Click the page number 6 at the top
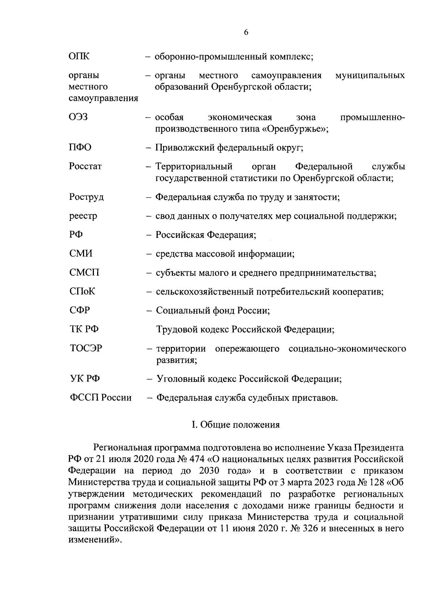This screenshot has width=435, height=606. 246,32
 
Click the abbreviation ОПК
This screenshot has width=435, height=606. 79,57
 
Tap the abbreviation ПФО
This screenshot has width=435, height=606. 80,148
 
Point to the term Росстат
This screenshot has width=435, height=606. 85,166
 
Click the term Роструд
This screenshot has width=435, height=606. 86,197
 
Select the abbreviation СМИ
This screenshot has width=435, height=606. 80,253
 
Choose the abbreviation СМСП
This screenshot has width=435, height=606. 84,272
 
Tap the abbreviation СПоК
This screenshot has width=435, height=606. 82,291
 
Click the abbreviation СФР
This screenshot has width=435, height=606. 79,310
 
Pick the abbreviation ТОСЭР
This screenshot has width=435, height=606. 86,348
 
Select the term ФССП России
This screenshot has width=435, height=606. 100,398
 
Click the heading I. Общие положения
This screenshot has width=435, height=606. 236,425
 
